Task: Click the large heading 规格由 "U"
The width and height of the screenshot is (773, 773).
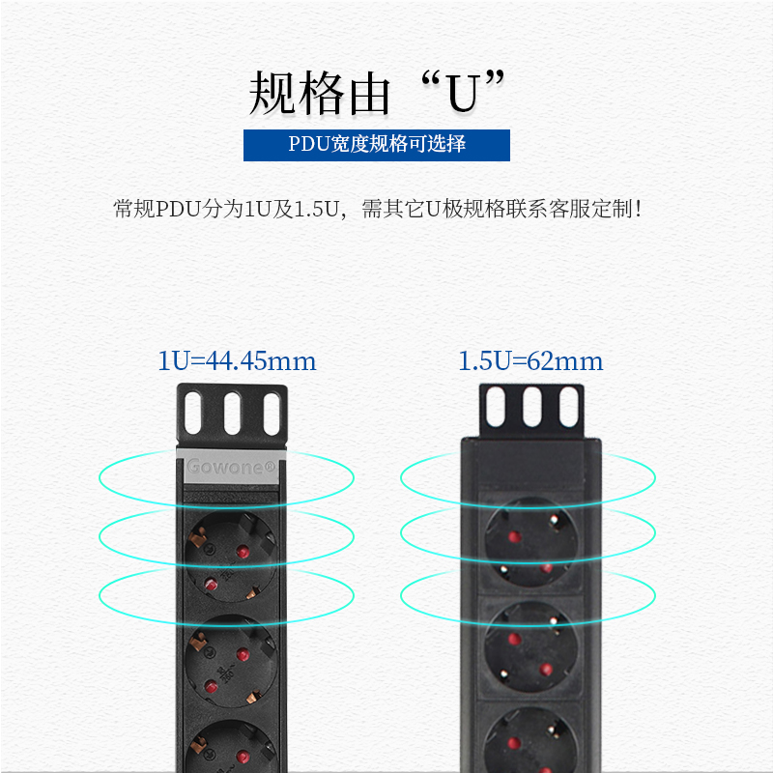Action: (377, 93)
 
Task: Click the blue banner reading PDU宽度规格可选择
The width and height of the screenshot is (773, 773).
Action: (377, 145)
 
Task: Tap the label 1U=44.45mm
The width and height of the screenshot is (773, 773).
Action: (237, 360)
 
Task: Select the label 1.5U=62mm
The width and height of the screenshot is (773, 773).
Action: (530, 360)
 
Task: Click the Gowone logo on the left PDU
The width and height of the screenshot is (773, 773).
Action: (231, 467)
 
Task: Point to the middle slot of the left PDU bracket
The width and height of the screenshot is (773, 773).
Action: (232, 414)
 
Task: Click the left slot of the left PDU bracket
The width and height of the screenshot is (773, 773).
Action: (193, 414)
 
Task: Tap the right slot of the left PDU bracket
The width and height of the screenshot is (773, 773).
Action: (272, 414)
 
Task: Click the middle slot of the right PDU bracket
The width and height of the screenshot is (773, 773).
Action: (532, 407)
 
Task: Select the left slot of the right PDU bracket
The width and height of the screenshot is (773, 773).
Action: (496, 407)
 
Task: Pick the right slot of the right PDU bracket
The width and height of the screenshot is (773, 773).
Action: (568, 407)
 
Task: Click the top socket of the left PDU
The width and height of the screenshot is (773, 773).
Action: (231, 557)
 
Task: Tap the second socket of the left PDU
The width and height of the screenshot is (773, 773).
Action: (231, 661)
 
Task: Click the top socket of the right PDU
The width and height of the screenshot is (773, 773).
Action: (530, 542)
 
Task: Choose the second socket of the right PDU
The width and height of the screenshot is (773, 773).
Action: (530, 646)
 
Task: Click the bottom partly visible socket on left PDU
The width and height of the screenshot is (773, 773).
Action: (231, 746)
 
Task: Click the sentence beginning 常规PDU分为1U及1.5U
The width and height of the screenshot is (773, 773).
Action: (378, 209)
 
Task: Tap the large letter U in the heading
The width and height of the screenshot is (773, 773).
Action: (463, 93)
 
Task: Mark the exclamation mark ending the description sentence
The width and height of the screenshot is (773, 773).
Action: (639, 209)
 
